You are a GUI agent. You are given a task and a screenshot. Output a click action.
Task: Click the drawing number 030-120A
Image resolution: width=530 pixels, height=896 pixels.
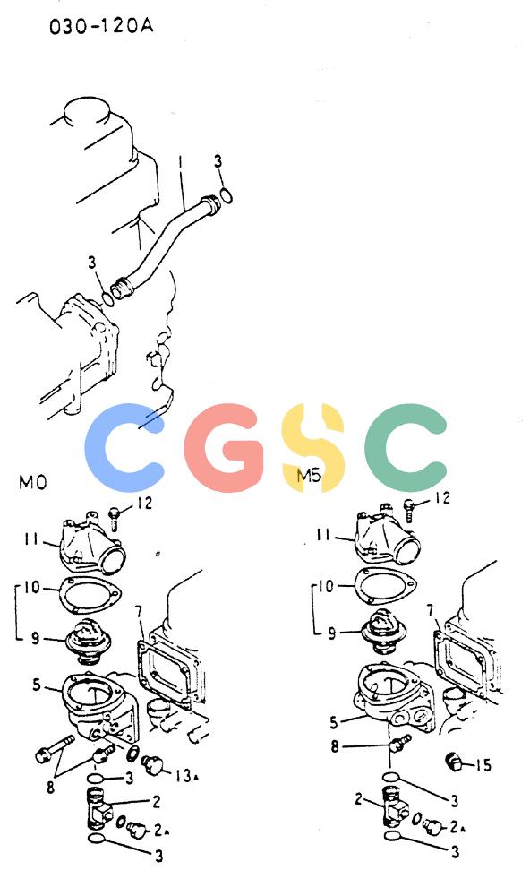(x=101, y=26)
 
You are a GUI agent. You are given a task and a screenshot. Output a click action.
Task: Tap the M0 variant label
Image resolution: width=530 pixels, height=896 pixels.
(x=32, y=482)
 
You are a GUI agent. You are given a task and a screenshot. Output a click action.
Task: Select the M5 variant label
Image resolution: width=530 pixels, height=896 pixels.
(x=309, y=475)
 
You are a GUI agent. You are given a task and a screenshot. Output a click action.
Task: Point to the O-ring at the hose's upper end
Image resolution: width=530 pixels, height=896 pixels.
(x=226, y=195)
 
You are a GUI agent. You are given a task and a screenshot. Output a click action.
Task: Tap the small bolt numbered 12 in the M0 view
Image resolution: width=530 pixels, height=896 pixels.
(x=114, y=518)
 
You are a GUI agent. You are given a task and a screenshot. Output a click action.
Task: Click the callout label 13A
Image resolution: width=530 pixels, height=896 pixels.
(x=186, y=775)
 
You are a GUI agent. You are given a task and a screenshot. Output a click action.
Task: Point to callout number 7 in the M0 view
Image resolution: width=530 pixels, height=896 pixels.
(x=139, y=613)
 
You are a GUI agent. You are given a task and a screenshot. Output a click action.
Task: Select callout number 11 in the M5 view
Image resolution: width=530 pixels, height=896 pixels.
(x=323, y=535)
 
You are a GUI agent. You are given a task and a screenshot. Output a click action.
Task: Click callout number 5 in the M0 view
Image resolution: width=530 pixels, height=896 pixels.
(x=37, y=684)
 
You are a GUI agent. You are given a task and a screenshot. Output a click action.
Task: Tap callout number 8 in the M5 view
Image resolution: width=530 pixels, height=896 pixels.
(x=335, y=745)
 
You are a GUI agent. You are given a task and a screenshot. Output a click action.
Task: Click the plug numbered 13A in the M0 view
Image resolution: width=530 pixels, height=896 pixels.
(x=153, y=764)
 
